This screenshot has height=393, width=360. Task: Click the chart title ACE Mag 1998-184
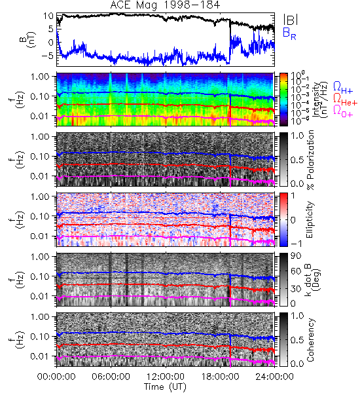pos(165,5)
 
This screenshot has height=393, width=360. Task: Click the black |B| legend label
pos(291,19)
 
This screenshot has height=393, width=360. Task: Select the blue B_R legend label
pos(289,34)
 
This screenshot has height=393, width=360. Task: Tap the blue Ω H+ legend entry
pos(343,88)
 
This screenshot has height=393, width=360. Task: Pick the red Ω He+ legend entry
pos(345,100)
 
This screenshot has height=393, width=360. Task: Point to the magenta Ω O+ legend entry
pos(343,111)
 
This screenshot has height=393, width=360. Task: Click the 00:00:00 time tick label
pos(56,377)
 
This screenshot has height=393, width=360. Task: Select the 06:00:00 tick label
pos(111,377)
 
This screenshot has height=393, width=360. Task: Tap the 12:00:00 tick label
pos(166,377)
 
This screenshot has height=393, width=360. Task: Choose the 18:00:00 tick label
pos(220,377)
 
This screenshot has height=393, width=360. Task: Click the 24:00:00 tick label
pos(274,377)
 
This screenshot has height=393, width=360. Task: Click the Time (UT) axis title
pos(166,387)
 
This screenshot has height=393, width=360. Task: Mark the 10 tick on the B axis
pos(48,16)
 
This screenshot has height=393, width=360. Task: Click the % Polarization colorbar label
pos(310,160)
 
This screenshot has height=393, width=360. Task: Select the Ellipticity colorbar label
pos(310,219)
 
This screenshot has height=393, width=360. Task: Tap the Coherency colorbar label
pos(310,340)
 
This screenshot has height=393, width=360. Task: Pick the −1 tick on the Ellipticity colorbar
pos(297,244)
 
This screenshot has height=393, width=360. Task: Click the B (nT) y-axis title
pos(28,40)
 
